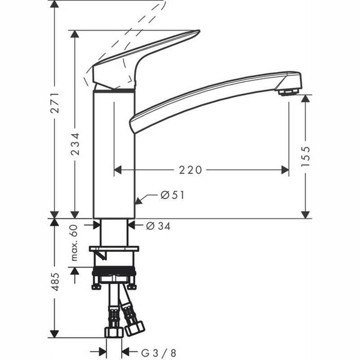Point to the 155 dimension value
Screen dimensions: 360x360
305,157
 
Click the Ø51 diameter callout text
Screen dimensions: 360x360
172,195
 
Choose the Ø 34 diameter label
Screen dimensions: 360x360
158,225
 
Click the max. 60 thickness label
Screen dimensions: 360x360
75,242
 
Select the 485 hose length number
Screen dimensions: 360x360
56,283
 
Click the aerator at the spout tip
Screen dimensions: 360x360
289,92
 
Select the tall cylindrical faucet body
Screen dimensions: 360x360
114,154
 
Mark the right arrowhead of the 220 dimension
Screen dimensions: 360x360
285,170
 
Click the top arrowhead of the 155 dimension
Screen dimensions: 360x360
305,99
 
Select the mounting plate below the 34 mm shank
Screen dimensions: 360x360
114,249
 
